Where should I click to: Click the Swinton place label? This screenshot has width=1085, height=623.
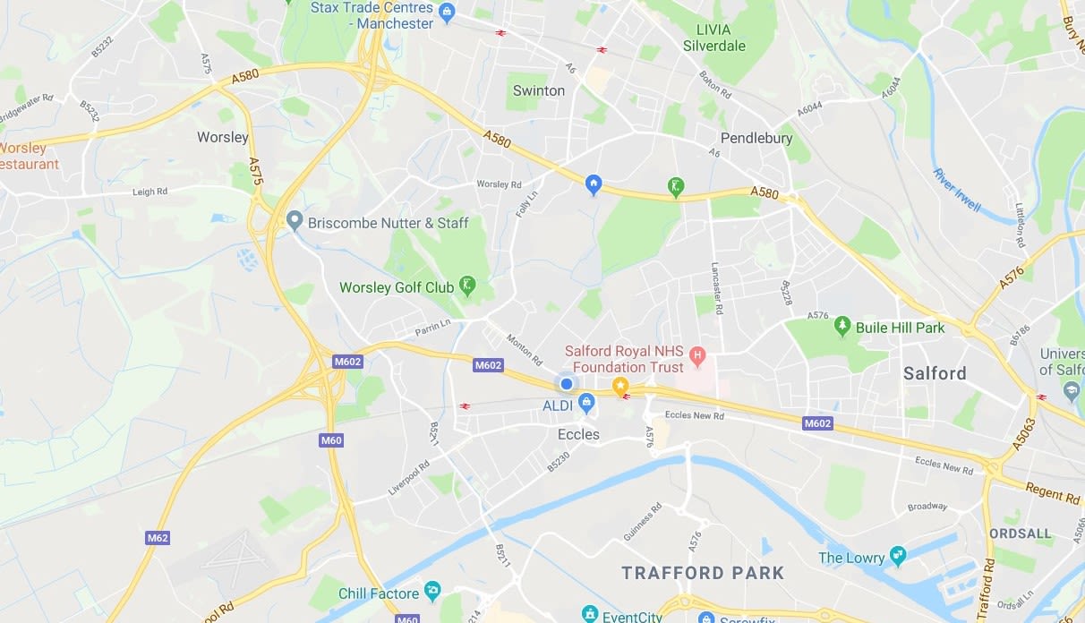(539, 90)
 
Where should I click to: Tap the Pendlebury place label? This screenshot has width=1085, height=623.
(756, 138)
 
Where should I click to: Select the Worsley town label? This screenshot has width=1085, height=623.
(223, 137)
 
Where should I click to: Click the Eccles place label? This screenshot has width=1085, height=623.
(578, 434)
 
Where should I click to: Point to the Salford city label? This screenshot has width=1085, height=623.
(935, 373)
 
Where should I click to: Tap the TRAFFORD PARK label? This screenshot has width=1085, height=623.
(703, 573)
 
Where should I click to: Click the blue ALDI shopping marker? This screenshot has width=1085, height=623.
(586, 404)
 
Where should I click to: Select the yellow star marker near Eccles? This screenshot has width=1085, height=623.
(619, 385)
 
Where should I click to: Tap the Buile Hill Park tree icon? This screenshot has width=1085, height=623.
(842, 326)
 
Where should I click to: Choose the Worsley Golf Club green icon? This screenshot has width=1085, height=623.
(467, 286)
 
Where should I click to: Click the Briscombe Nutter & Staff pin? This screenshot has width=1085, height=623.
(295, 221)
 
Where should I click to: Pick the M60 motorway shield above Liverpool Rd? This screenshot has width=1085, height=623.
(331, 440)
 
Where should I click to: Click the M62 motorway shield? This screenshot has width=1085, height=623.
(158, 538)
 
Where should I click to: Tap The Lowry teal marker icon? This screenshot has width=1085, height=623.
(898, 557)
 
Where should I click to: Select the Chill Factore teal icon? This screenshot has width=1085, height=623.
(432, 592)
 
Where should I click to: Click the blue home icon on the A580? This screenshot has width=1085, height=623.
(593, 184)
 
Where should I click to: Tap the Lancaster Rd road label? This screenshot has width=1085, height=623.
(717, 287)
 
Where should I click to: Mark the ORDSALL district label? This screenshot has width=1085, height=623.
(1021, 533)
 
